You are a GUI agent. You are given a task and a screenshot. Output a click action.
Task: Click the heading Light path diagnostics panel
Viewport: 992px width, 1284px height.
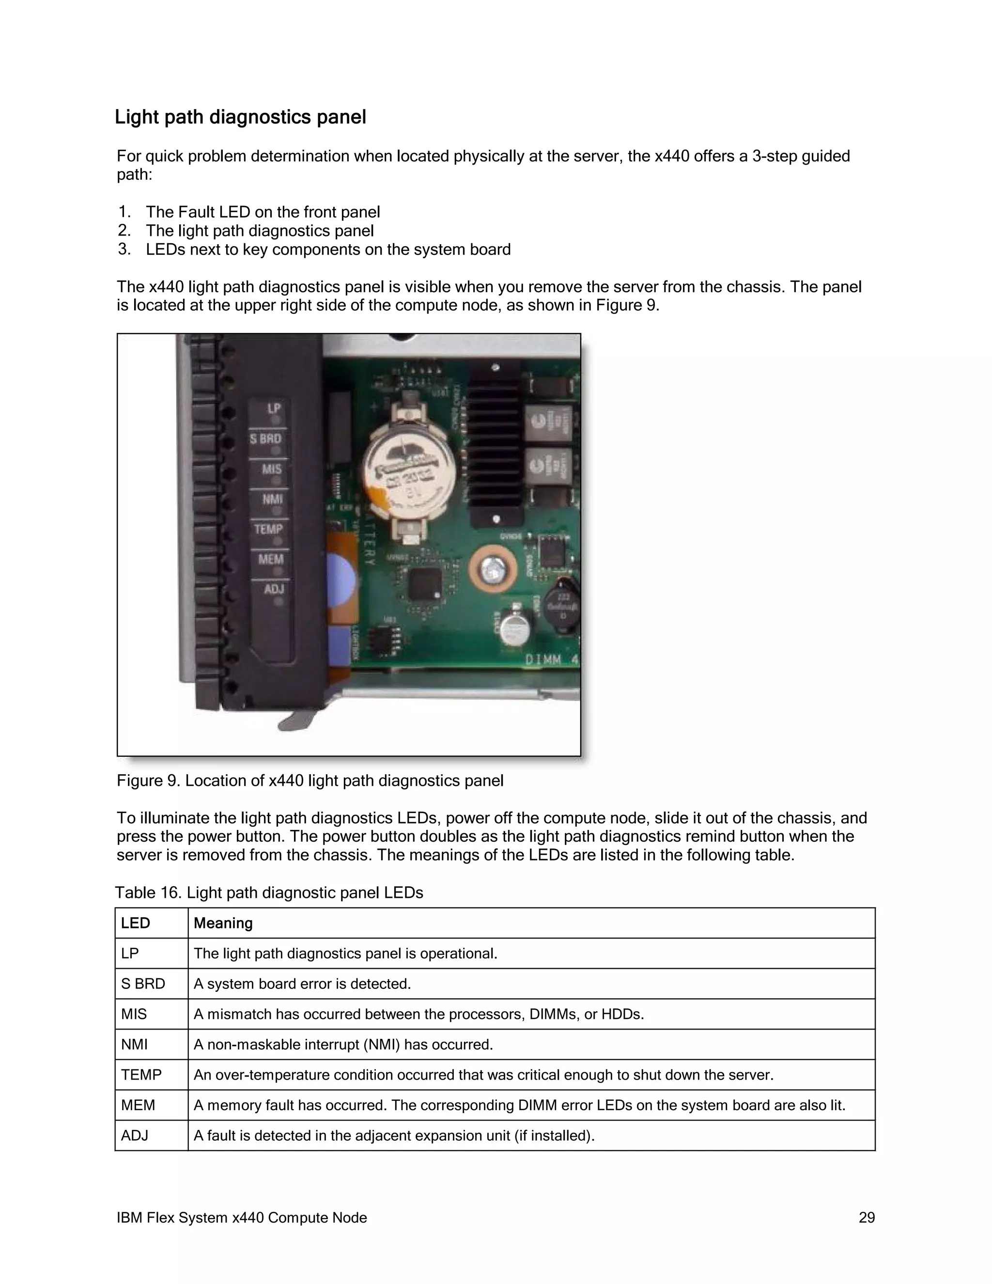click(240, 117)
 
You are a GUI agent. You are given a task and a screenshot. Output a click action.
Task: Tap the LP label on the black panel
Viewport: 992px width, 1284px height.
click(274, 408)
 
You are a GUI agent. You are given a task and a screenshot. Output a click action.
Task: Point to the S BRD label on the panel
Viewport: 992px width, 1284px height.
click(265, 438)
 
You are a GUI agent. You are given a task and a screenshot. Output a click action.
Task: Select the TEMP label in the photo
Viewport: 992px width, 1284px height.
click(268, 529)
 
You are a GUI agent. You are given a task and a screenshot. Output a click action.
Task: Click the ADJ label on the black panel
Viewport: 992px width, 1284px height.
click(274, 589)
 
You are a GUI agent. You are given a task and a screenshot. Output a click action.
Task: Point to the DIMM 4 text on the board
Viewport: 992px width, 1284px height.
click(551, 660)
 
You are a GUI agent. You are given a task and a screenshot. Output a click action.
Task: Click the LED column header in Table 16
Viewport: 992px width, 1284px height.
click(136, 923)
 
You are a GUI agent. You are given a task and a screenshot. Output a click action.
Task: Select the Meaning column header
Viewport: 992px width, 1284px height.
click(223, 923)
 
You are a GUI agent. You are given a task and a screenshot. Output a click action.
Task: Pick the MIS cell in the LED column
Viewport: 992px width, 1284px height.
click(134, 1014)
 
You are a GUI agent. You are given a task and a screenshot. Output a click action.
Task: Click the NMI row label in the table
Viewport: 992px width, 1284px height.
click(135, 1045)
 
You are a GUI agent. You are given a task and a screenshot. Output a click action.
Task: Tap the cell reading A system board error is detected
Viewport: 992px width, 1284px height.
click(302, 984)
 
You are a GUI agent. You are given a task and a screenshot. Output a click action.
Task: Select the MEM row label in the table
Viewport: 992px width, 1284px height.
click(138, 1105)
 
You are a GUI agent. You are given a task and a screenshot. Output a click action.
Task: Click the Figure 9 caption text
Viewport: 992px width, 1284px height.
click(310, 781)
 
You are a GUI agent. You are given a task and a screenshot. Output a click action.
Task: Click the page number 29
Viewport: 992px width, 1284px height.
click(866, 1218)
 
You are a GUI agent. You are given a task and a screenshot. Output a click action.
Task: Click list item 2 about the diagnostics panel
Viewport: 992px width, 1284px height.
click(259, 231)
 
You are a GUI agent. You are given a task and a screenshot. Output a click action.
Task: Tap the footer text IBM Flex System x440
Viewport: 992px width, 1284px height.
click(242, 1218)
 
